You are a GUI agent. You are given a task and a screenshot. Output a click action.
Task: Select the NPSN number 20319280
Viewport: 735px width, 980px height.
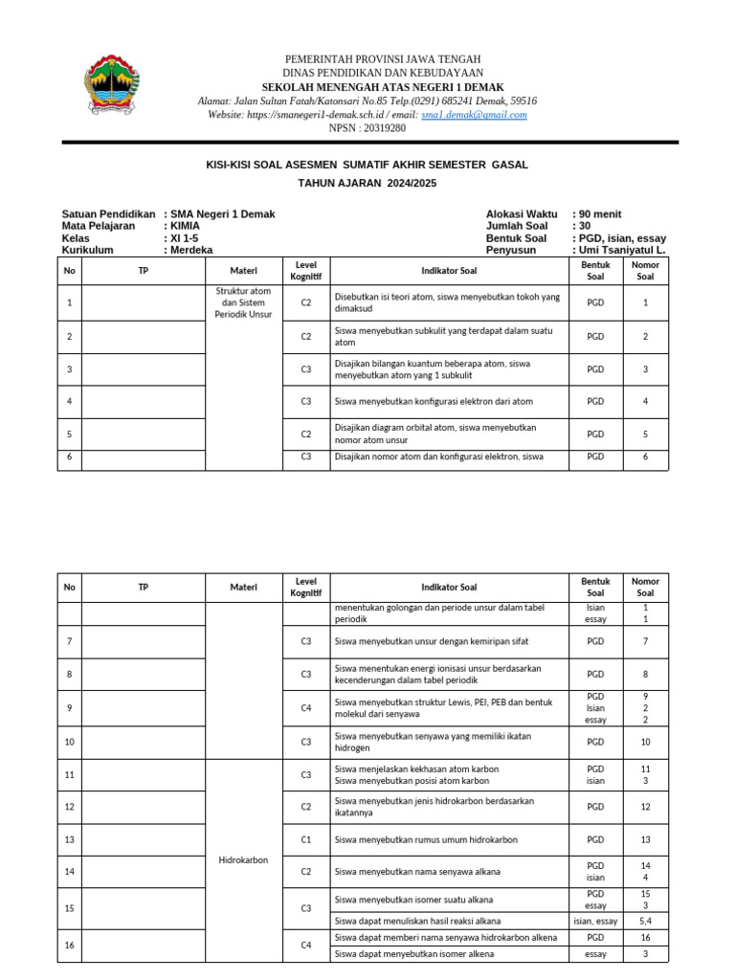click(x=381, y=127)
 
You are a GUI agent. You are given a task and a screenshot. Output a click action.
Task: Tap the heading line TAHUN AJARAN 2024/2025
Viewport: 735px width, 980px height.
click(x=367, y=182)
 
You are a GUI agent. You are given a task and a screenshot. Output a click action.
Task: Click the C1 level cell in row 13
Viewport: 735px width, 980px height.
click(x=306, y=839)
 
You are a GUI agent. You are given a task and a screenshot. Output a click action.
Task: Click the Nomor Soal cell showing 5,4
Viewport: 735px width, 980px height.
click(x=645, y=921)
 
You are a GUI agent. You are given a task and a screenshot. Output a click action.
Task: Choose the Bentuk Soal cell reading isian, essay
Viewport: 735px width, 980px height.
click(x=595, y=921)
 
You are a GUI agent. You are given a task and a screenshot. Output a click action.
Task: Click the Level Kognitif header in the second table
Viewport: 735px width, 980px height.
click(x=306, y=587)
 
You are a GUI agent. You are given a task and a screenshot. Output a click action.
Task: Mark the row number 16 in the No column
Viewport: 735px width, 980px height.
click(x=69, y=945)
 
